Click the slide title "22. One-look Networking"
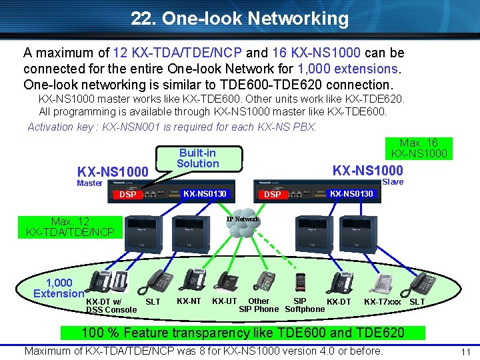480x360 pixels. point(240,19)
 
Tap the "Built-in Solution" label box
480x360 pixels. point(197,158)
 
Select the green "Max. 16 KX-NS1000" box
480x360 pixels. point(419,148)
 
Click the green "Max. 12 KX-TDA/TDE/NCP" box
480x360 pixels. point(70,227)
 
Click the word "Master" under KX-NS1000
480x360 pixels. point(90,183)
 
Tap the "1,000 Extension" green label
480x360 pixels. point(59,288)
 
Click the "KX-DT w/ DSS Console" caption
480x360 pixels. point(111,305)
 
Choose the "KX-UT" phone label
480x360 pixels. point(224,301)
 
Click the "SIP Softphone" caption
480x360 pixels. point(304,305)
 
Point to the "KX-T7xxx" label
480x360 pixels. point(383,302)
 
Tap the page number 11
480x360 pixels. point(467,351)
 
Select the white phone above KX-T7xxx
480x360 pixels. point(382,284)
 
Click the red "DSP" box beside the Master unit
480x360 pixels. point(127,195)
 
